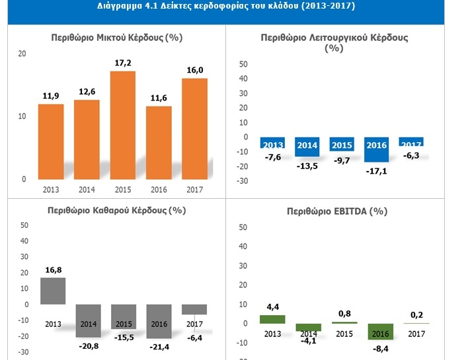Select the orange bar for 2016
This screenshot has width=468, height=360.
click(159, 142)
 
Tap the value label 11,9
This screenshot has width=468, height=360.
click(50, 96)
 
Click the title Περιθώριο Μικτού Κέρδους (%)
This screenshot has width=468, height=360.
click(118, 38)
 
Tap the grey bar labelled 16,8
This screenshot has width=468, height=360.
click(53, 291)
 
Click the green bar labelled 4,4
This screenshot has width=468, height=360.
click(272, 319)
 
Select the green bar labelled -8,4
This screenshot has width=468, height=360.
click(380, 331)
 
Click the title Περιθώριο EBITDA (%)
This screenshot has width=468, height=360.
click(337, 211)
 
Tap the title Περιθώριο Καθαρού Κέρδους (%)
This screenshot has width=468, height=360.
click(116, 211)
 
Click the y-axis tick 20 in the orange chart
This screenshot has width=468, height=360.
click(22, 54)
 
